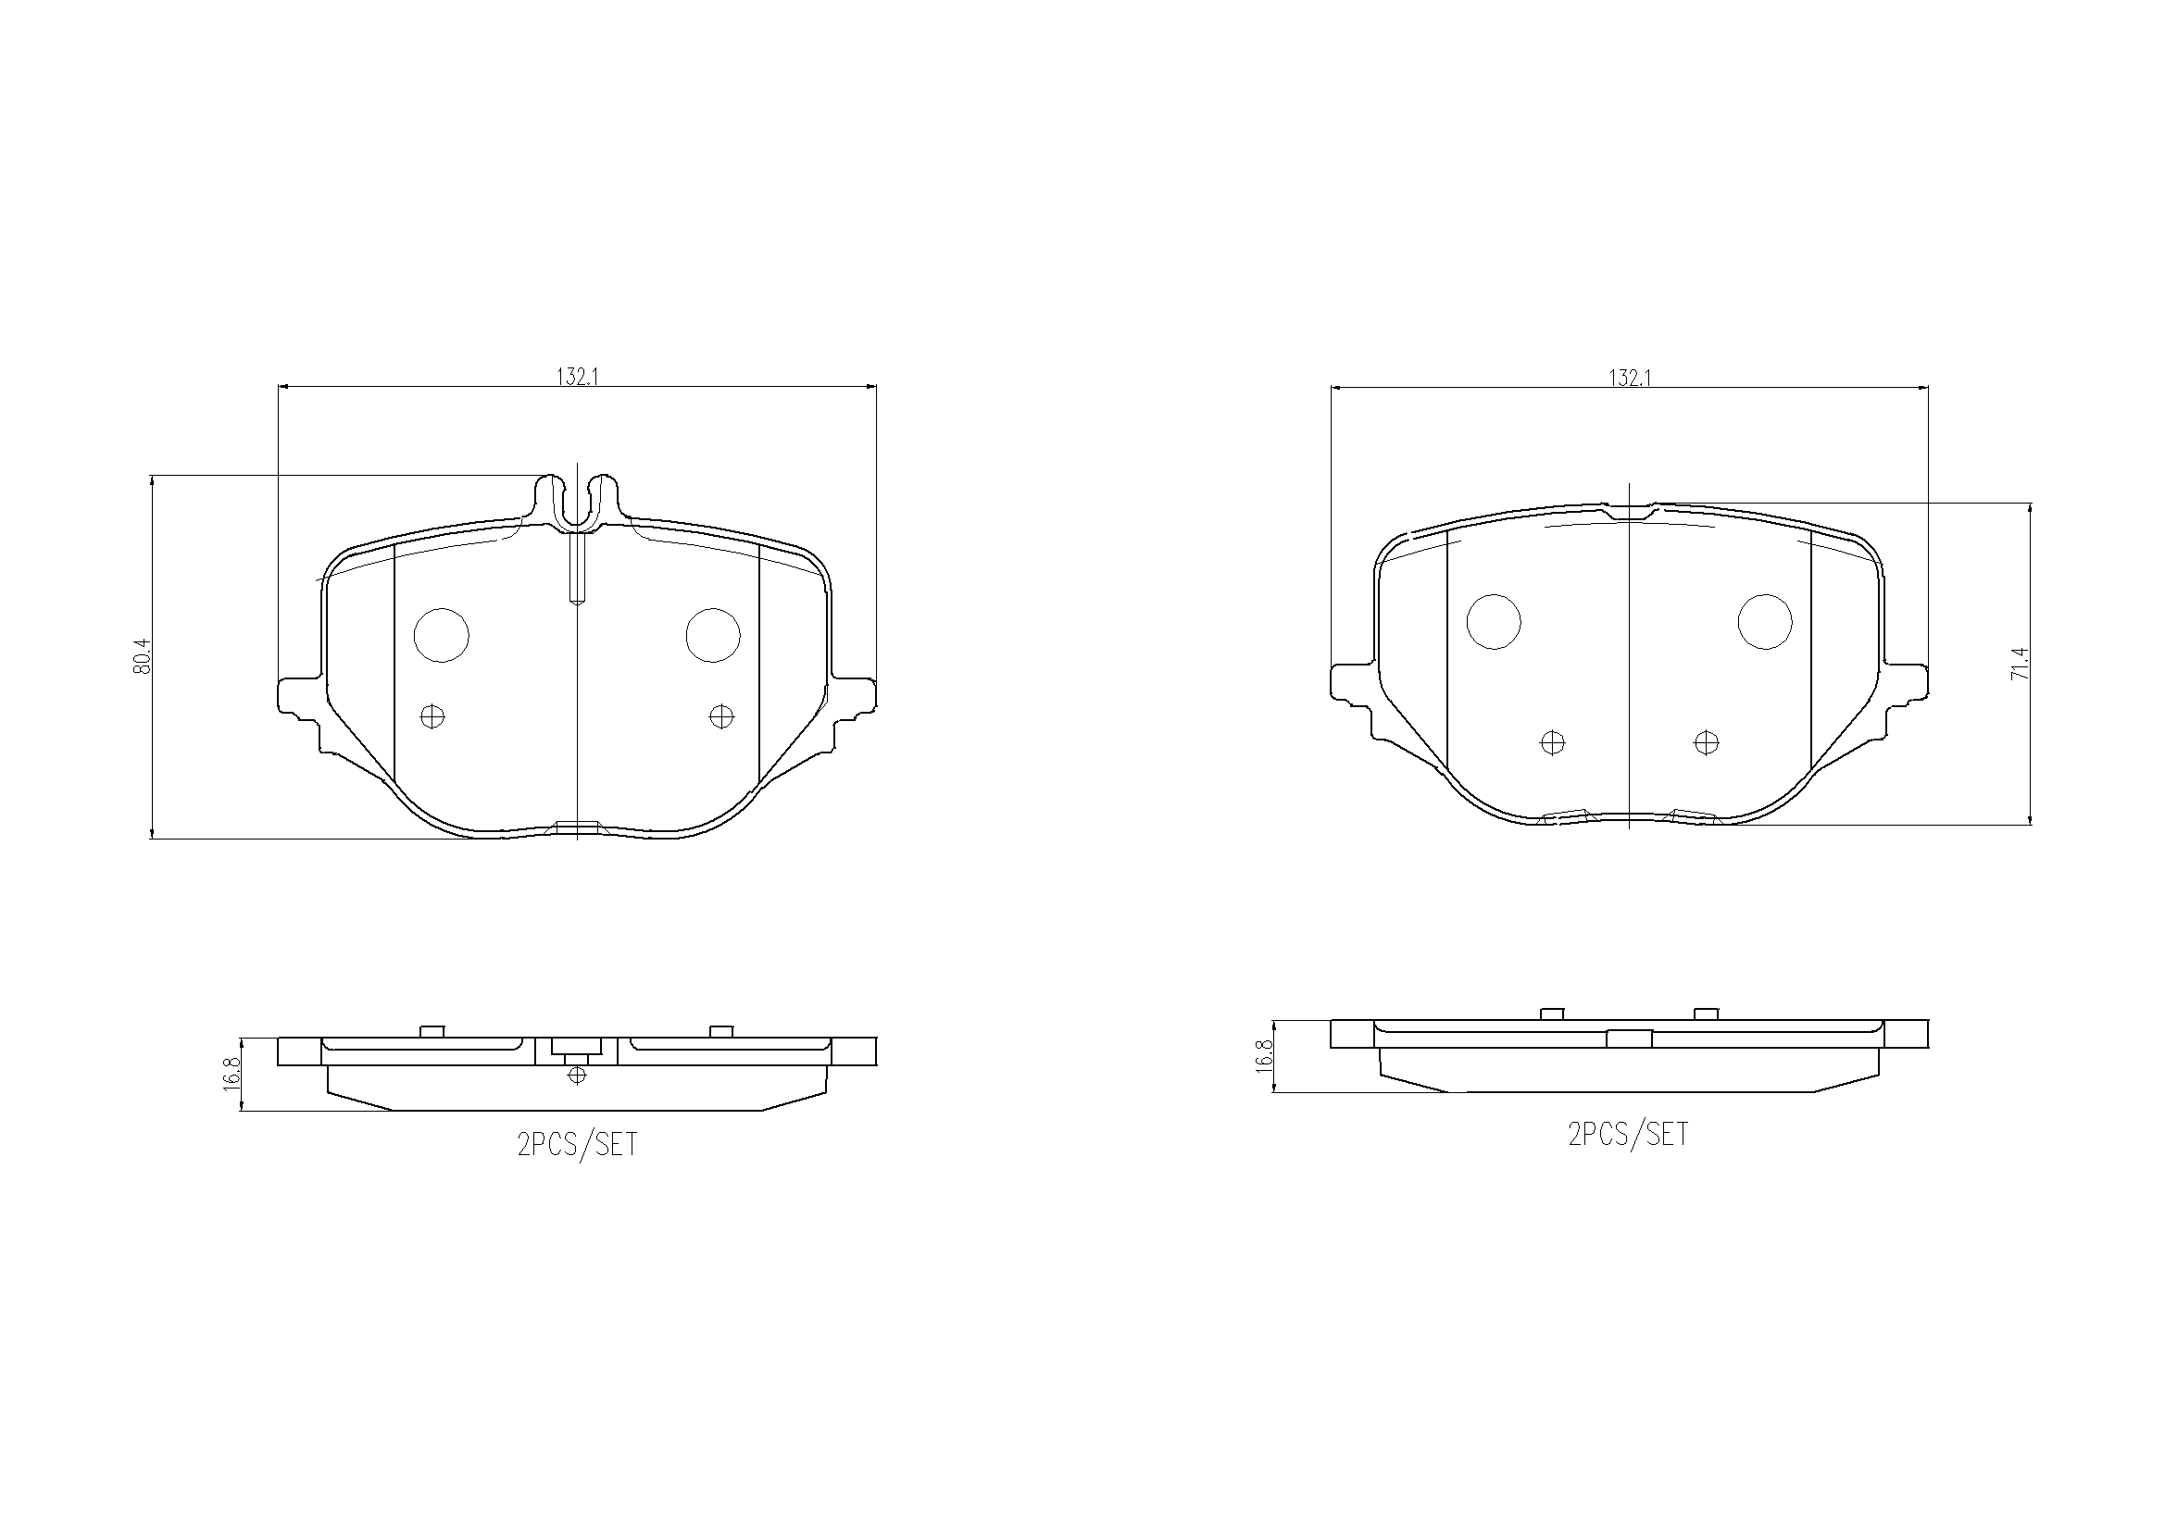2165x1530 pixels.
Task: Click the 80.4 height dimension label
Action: [143, 656]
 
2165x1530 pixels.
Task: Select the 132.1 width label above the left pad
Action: [578, 376]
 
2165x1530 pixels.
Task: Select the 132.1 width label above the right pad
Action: [1630, 377]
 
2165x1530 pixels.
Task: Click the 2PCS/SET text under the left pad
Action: [577, 1144]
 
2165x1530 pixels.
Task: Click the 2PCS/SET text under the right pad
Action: [1629, 1133]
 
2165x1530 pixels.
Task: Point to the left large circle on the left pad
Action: [442, 634]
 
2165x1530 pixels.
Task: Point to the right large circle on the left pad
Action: [713, 634]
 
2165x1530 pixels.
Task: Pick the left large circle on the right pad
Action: [1495, 621]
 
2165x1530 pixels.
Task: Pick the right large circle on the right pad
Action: [1765, 621]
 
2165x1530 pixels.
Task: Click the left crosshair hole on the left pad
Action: [432, 716]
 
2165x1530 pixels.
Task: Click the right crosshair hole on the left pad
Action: [721, 716]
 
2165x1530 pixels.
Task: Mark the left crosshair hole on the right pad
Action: [1552, 743]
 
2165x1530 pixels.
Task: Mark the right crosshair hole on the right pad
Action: [1706, 743]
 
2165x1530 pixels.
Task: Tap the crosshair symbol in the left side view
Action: [577, 1075]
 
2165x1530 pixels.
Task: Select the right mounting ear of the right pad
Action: [1907, 680]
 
